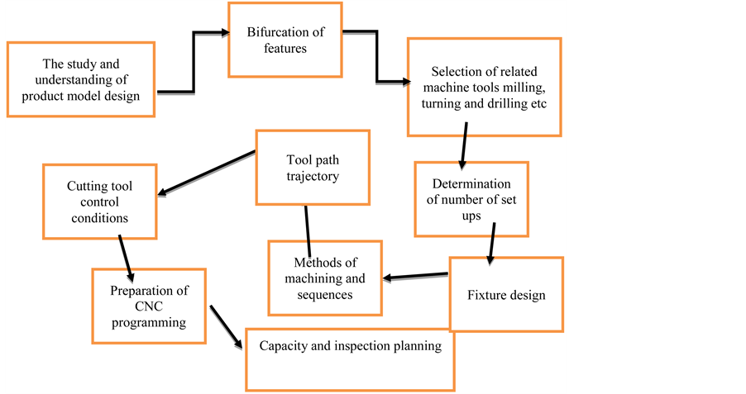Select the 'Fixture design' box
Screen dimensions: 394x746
[x=506, y=294]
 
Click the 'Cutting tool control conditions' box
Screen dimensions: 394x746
[x=99, y=198]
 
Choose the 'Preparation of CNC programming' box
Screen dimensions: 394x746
[x=150, y=306]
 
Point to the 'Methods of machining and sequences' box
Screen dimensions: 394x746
[x=325, y=277]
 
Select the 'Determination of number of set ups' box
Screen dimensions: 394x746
[x=471, y=198]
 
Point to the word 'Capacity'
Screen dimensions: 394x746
[x=285, y=346]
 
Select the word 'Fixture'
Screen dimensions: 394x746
[x=486, y=295]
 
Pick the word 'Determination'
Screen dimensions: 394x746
[x=471, y=183]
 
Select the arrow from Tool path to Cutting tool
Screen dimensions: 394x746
[x=207, y=173]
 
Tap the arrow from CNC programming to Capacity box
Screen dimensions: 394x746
[x=227, y=326]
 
